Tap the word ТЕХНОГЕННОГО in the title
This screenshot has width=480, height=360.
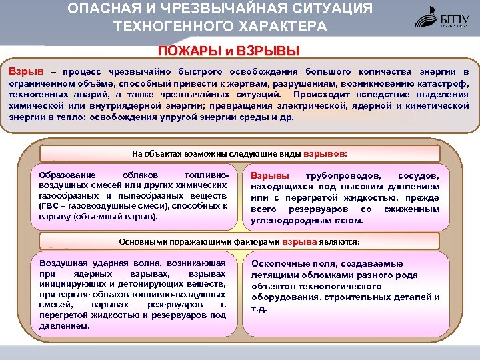click(172, 27)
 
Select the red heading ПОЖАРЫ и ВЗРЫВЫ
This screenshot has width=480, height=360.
click(228, 51)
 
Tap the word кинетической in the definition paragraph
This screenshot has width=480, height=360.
click(435, 105)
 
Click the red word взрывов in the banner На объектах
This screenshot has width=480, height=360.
click(325, 152)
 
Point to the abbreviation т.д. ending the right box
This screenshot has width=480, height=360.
click(259, 309)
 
